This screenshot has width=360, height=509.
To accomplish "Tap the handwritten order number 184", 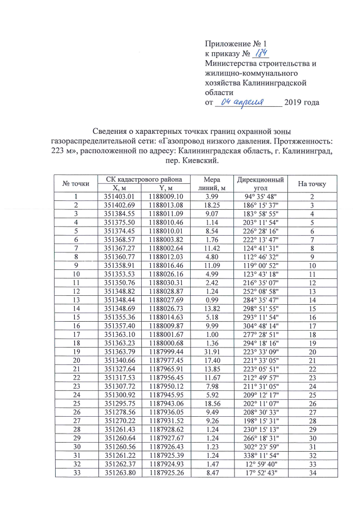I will tap(260, 53).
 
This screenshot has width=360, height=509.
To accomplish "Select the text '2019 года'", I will tap(302, 102).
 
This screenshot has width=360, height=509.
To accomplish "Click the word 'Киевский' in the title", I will tap(197, 161).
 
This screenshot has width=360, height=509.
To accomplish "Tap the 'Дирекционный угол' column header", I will tap(260, 183).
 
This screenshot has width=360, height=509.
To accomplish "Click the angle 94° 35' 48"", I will tap(260, 196).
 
